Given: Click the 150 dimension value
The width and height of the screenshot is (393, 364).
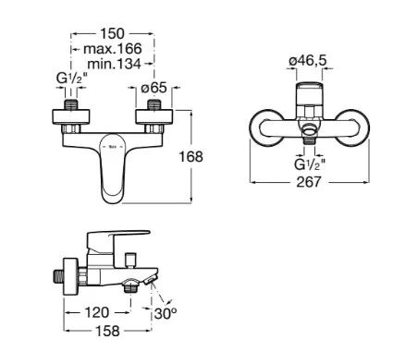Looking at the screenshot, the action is click(112, 33).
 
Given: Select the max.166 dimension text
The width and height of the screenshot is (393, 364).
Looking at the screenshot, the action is click(113, 48).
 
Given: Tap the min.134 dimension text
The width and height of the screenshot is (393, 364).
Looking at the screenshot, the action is click(114, 64).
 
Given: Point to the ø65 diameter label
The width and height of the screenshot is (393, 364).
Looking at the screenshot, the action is click(154, 88).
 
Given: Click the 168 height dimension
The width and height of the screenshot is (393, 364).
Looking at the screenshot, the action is click(191, 157).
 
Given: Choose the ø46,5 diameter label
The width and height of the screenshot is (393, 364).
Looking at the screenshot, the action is click(307, 61).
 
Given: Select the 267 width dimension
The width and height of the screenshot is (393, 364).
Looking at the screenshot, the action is click(309, 182).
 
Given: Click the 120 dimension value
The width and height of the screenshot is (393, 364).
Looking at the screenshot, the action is click(97, 312).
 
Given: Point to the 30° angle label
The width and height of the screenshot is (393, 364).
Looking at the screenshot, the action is click(166, 313).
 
